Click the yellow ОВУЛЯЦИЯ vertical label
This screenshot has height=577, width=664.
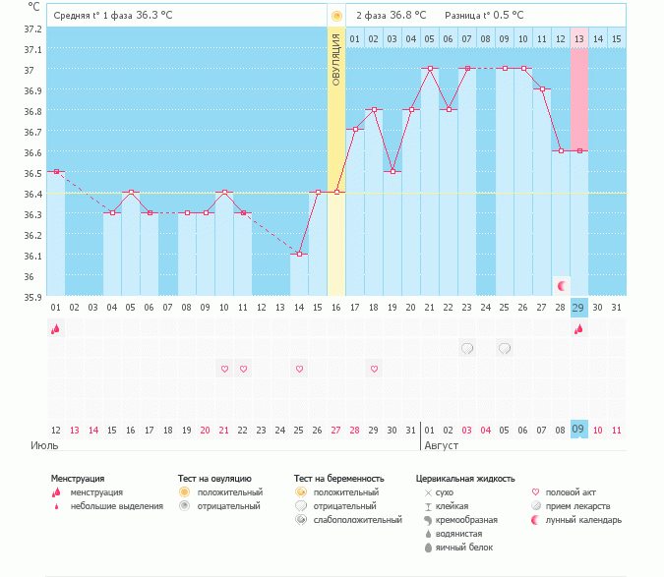tap(336, 60)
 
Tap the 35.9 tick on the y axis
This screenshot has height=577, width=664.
tap(32, 297)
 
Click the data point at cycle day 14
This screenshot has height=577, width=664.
tap(299, 255)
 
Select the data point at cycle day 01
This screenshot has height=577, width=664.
tap(56, 172)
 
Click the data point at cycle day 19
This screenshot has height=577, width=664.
tap(392, 172)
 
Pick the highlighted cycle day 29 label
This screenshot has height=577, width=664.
tap(579, 308)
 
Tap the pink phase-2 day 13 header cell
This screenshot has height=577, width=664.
tap(579, 39)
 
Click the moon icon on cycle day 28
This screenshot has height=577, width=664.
tap(561, 285)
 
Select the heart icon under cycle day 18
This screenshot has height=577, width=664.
tap(374, 369)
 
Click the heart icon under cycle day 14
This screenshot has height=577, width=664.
tap(299, 369)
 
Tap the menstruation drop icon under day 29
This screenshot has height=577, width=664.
tap(579, 329)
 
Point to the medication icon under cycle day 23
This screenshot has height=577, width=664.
tap(467, 348)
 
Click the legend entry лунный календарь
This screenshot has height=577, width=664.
tap(583, 519)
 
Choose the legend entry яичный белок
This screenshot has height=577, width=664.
tap(463, 547)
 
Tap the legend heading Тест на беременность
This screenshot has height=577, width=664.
tap(338, 479)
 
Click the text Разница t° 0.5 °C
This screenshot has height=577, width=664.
tap(484, 16)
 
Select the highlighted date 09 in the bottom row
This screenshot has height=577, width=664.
tap(579, 429)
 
